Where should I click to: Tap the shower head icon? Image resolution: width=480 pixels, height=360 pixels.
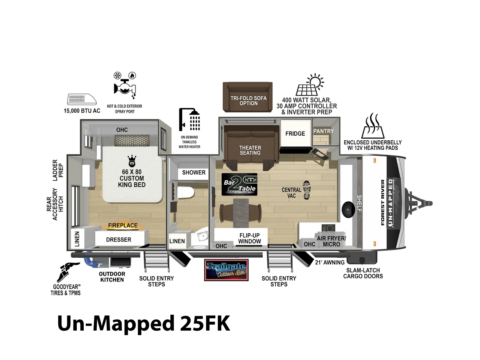coord(189,119)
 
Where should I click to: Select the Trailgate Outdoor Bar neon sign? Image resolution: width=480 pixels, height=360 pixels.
coord(226,270)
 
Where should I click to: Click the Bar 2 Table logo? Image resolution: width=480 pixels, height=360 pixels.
coord(239,184)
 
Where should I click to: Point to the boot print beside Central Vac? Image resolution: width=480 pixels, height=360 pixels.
coord(307,190)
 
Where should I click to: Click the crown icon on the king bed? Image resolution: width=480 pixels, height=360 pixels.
coord(132,161)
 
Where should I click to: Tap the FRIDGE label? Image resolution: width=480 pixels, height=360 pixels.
coord(295,133)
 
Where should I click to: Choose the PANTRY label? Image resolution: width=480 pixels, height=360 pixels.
coord(324,131)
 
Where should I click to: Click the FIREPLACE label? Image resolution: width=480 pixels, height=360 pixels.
coord(123,225)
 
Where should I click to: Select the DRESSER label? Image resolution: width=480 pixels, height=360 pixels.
coord(118,240)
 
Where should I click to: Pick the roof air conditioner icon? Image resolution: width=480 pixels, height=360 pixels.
coord(82,100)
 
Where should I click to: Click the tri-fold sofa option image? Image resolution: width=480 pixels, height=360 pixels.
coord(247,97)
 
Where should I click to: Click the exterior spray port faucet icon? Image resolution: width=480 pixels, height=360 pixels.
coord(124,86)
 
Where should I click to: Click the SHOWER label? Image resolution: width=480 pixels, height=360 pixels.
coord(194,172)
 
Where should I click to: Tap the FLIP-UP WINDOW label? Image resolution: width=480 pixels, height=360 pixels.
coord(250,238)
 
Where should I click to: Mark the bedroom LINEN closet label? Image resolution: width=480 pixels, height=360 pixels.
coord(77,239)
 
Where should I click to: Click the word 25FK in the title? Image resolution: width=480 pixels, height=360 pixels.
coord(205,323)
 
